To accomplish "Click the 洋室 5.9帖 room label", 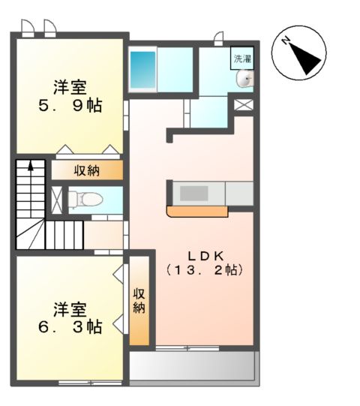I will [69, 95].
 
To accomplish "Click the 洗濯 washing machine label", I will [241, 58].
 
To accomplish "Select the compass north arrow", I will [303, 54].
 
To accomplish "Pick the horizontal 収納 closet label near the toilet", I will [86, 170].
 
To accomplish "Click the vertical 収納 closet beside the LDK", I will [139, 300].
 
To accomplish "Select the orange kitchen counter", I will [196, 212].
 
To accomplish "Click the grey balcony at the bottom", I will [193, 366].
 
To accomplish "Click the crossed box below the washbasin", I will [244, 104].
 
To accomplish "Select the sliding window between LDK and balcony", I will [187, 347].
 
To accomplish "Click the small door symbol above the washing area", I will [219, 38].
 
